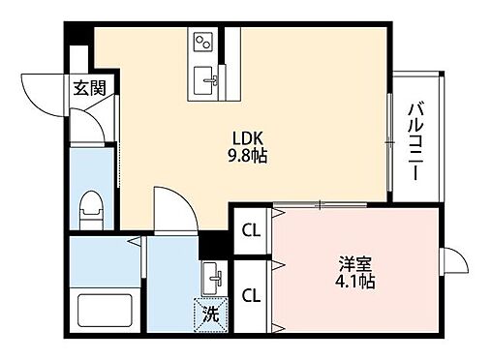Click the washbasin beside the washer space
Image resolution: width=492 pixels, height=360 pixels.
pyautogui.click(x=214, y=280)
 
